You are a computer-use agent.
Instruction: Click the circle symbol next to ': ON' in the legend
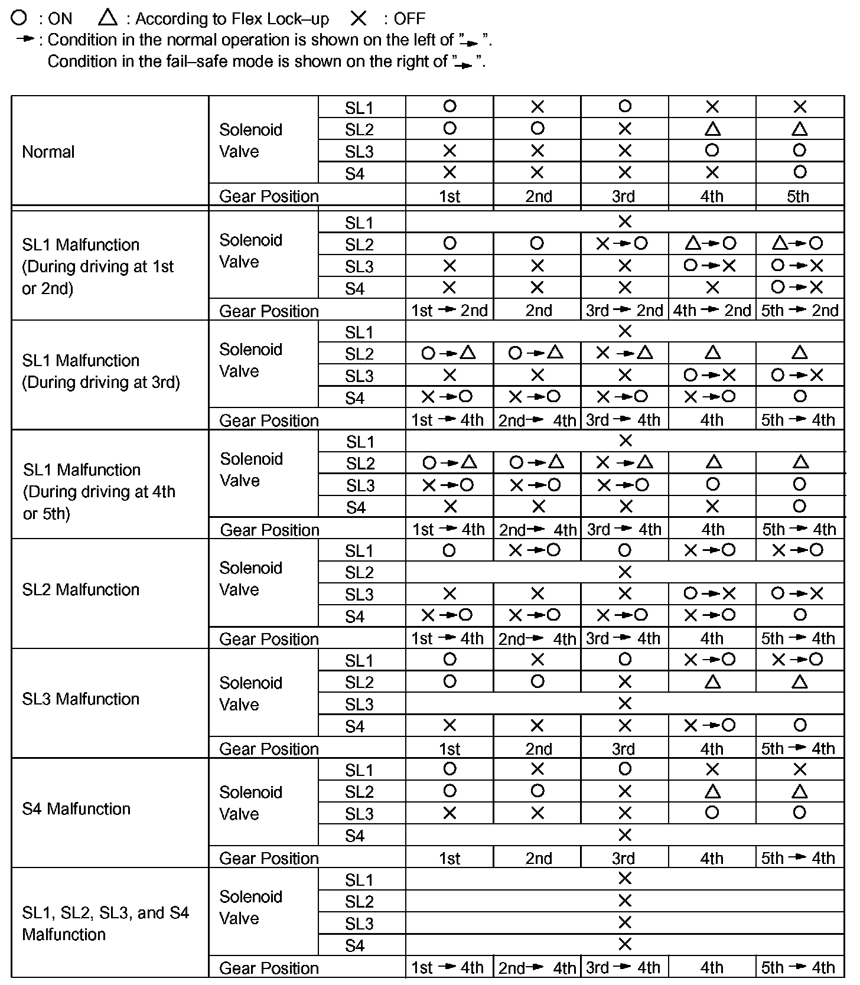point(19,18)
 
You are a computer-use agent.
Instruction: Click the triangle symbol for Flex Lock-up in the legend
point(107,18)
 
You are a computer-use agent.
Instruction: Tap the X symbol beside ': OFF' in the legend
point(359,19)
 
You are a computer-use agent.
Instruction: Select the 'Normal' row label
point(48,152)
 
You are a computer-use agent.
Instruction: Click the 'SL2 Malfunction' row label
point(81,589)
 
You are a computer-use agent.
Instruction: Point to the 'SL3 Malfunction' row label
point(81,699)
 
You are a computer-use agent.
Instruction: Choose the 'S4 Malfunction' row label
point(76,808)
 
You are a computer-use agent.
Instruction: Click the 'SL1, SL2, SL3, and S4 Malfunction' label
point(105,923)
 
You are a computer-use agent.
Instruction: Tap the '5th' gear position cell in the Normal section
point(798,196)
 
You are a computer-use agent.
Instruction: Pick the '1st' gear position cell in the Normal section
point(449,196)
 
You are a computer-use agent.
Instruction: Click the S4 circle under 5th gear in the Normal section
point(800,172)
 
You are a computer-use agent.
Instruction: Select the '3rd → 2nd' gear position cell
point(624,311)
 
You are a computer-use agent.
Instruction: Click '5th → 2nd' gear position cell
point(800,311)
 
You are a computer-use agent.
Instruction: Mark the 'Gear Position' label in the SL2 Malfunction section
point(269,639)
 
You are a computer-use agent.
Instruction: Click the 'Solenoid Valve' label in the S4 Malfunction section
point(250,803)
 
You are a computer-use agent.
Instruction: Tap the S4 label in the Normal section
point(354,174)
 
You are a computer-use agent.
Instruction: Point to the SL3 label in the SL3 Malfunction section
point(359,704)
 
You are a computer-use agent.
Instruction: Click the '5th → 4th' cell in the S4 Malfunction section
point(798,858)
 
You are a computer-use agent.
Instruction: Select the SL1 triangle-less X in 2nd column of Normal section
point(537,107)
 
